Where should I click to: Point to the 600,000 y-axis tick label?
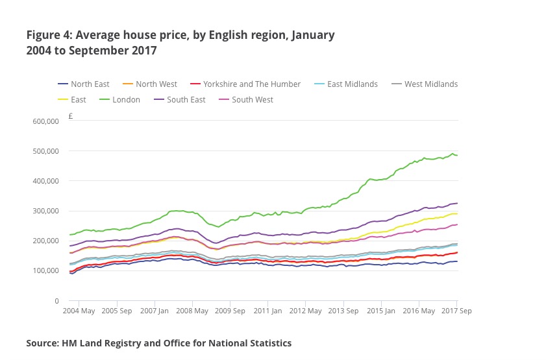pos(45,121)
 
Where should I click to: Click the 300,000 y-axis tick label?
pos(45,211)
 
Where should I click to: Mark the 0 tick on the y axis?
pos(57,301)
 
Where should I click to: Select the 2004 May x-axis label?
pos(79,311)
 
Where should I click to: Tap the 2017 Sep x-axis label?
pos(456,311)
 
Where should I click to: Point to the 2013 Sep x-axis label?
pos(343,311)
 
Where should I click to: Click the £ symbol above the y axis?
pos(70,117)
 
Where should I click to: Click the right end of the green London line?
pos(457,155)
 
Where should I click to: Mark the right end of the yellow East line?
pos(457,213)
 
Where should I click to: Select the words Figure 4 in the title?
pos(48,35)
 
